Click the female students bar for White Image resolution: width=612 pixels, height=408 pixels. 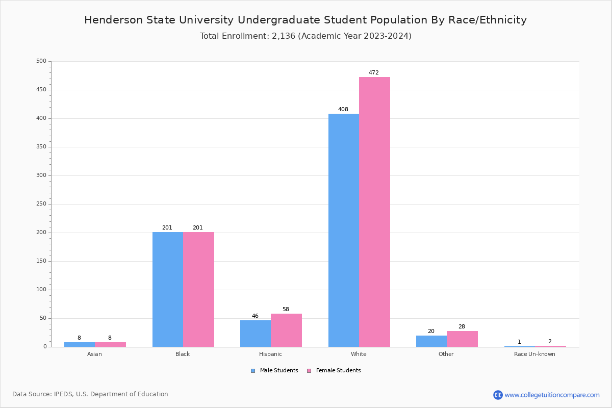(374, 212)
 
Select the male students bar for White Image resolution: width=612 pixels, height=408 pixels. (344, 230)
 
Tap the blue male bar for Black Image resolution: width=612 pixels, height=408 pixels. (168, 289)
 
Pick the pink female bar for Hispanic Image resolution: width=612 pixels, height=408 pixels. (286, 330)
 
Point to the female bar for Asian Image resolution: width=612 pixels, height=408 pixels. (110, 344)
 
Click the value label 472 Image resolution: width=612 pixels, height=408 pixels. (374, 73)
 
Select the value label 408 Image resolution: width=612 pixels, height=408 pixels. (343, 110)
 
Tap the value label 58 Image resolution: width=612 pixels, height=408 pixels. (286, 310)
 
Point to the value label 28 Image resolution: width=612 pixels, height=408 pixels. (462, 327)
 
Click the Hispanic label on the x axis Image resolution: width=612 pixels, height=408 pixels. (270, 354)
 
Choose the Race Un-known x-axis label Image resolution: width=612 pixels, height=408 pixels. (534, 354)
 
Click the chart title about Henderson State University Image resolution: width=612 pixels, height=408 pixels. (305, 20)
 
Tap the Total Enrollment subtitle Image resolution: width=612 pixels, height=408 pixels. (305, 36)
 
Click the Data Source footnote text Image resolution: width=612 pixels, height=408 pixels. (90, 394)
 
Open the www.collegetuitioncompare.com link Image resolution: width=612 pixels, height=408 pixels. (552, 395)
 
